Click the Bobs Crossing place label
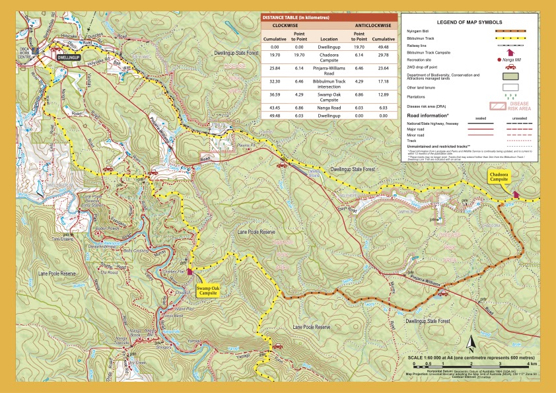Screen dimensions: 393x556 (x=137, y=251)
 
